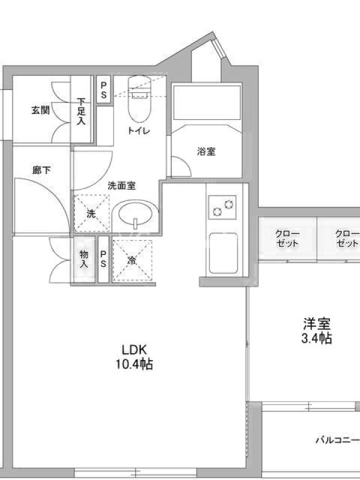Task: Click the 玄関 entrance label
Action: click(40, 110)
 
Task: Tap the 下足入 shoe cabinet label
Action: click(81, 111)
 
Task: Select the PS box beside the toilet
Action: click(104, 89)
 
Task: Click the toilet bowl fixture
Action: click(139, 98)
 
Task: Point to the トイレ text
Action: click(139, 131)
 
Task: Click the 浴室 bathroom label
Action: click(206, 151)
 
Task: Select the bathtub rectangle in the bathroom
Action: click(207, 103)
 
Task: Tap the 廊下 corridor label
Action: click(41, 170)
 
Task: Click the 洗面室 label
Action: click(122, 186)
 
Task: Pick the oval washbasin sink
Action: click(135, 214)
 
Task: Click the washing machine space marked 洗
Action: click(92, 213)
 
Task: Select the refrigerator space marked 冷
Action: click(132, 260)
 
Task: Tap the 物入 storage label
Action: click(84, 259)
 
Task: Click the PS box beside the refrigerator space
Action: click(103, 259)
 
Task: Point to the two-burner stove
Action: click(223, 207)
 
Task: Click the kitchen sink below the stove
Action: click(223, 253)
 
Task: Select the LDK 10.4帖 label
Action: click(134, 356)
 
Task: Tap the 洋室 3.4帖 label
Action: click(317, 331)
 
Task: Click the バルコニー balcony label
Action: click(338, 440)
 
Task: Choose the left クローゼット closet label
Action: click(287, 238)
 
